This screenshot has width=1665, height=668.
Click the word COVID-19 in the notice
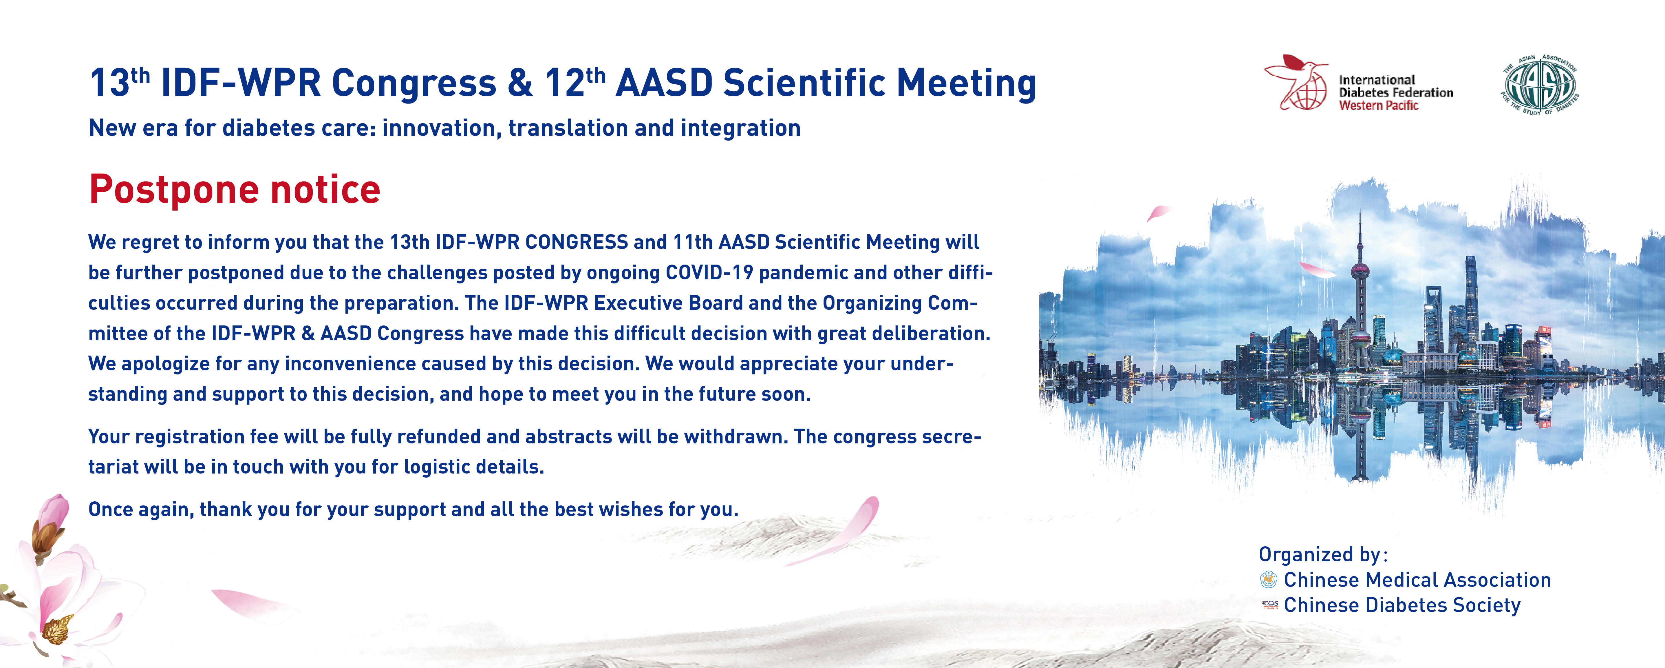click(709, 272)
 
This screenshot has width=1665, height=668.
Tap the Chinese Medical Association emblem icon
click(1269, 579)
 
